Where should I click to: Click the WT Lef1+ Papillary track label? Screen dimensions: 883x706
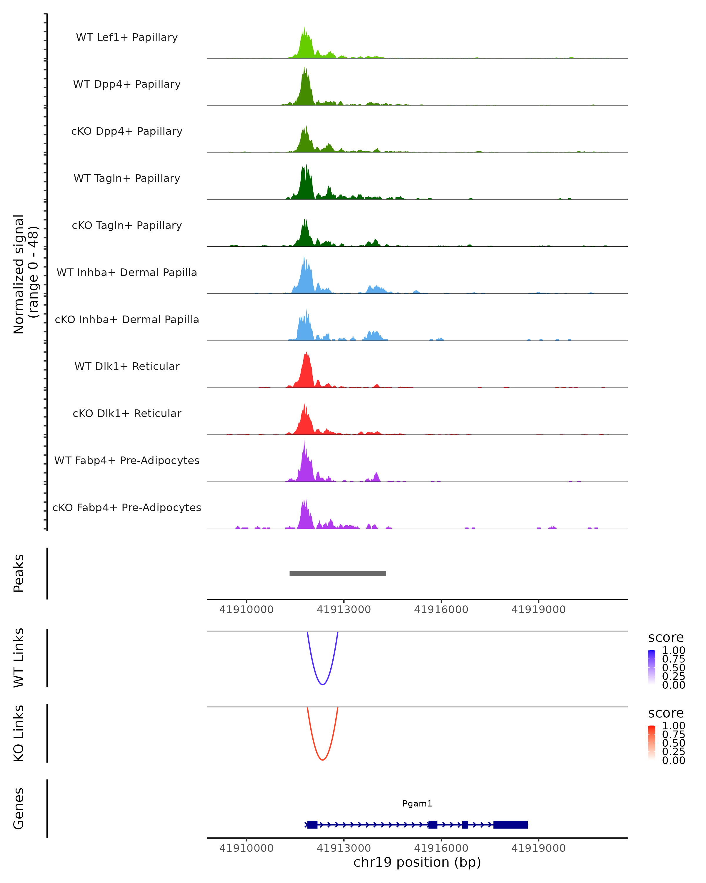pos(127,37)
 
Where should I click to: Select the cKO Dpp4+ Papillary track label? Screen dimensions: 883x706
pos(127,132)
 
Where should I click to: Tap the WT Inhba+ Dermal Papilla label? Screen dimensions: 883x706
pos(127,273)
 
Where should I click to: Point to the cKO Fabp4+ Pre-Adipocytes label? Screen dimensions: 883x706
pos(127,508)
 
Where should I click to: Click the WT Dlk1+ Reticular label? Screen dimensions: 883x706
pos(127,366)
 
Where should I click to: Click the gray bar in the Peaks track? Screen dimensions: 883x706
pos(338,574)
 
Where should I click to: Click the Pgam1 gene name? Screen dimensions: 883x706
pos(417,804)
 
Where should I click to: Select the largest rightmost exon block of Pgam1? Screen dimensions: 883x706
pos(510,824)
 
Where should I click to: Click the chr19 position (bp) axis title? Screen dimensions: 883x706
pos(417,862)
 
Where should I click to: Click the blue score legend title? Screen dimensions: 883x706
pos(665,638)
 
